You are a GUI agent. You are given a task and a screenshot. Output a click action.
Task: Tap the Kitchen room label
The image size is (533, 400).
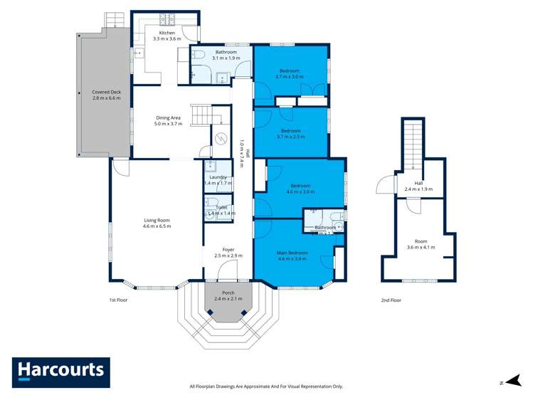tap(167, 36)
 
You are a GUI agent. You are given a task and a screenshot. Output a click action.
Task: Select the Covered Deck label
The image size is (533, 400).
tap(106, 95)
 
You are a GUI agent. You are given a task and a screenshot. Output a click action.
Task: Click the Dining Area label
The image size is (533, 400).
tap(168, 120)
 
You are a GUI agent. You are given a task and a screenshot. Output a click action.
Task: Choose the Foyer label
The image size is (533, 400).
tap(228, 252)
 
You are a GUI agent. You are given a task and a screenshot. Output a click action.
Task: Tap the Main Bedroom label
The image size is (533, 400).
tap(292, 256)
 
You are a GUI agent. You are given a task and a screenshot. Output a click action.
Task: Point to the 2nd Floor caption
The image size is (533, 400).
tap(391, 300)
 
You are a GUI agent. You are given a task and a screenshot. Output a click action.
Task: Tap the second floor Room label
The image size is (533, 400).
tap(420, 244)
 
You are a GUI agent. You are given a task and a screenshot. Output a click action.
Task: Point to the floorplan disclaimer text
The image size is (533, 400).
tap(266, 386)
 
